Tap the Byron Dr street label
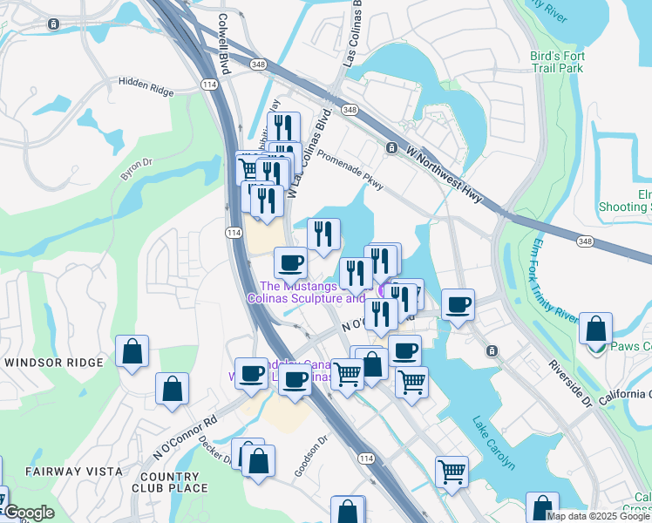click(x=136, y=168)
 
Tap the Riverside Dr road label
click(x=571, y=384)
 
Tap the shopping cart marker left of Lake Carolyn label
click(x=451, y=471)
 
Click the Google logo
click(x=28, y=513)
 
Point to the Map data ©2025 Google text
click(x=597, y=516)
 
